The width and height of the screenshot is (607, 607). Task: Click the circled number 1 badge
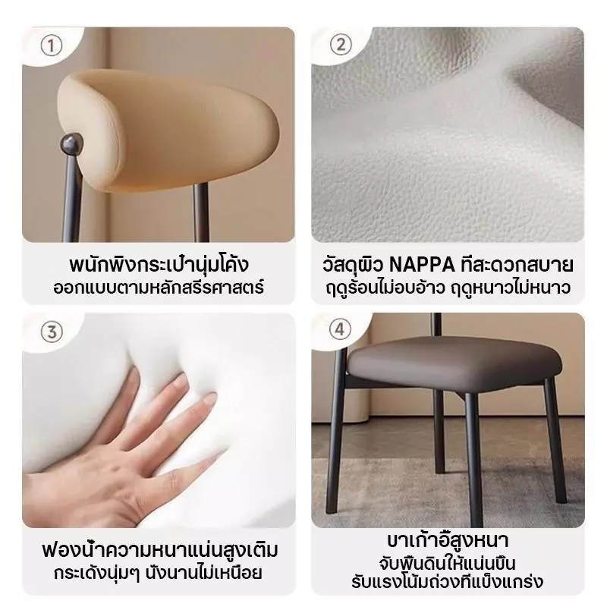pyautogui.click(x=51, y=46)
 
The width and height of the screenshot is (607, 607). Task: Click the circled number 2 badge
pyautogui.click(x=341, y=45)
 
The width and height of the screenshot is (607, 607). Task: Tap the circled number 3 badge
pyautogui.click(x=52, y=332)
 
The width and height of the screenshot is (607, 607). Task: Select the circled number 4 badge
pyautogui.click(x=340, y=329)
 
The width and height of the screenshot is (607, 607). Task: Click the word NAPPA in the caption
pyautogui.click(x=422, y=265)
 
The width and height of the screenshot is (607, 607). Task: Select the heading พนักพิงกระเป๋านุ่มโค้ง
pyautogui.click(x=159, y=265)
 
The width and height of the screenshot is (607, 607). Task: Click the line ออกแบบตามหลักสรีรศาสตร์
pyautogui.click(x=159, y=288)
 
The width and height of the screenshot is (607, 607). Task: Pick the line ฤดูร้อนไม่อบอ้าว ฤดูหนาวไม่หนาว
pyautogui.click(x=448, y=288)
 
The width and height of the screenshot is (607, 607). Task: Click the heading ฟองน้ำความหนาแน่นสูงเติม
pyautogui.click(x=159, y=549)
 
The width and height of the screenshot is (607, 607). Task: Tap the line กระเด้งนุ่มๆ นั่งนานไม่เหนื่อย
pyautogui.click(x=159, y=573)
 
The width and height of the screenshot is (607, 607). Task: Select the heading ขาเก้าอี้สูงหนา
pyautogui.click(x=448, y=541)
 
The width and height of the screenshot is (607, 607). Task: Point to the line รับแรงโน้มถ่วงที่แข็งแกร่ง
pyautogui.click(x=448, y=582)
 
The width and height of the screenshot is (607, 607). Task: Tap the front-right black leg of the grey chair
pyautogui.click(x=556, y=442)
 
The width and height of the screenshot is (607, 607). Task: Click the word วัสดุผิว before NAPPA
pyautogui.click(x=353, y=265)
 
